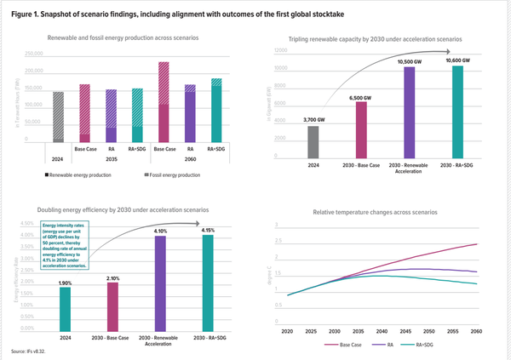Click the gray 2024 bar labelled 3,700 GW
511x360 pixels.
tap(313, 142)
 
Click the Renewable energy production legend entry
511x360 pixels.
tap(82, 174)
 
